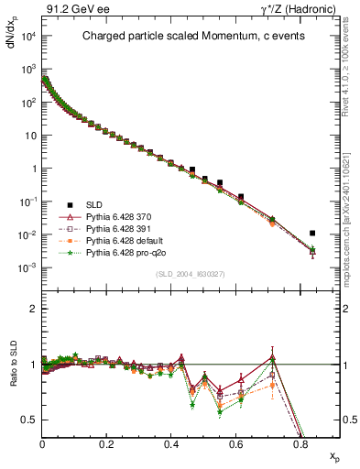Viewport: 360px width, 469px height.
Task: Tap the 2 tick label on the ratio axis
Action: (33, 309)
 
